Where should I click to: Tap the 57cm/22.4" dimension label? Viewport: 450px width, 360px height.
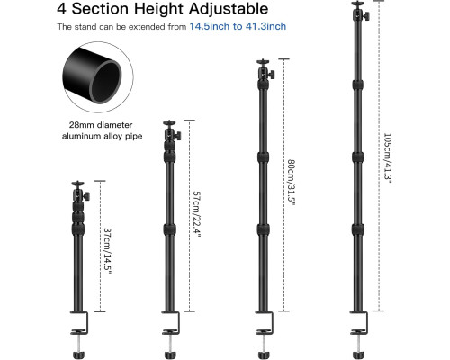[196, 214]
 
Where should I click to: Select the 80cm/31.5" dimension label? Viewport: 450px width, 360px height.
[292, 182]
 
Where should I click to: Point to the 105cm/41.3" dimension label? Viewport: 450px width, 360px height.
[388, 157]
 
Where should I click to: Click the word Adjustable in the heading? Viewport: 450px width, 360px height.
[229, 8]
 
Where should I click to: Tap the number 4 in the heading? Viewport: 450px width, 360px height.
[61, 8]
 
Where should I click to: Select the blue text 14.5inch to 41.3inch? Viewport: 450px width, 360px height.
[238, 26]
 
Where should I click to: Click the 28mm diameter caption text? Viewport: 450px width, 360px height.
[101, 125]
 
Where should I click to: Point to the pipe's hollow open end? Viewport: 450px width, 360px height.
[105, 82]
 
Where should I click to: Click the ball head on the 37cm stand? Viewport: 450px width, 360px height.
[80, 192]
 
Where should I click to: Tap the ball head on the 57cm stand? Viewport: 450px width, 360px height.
[172, 131]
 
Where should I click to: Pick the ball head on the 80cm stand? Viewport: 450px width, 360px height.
[265, 70]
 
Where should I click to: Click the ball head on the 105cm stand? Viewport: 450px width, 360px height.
[360, 12]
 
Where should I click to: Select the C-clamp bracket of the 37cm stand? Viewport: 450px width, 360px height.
[87, 323]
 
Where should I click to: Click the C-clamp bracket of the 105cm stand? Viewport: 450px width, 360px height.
[366, 323]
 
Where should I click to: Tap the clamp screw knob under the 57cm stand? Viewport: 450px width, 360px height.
[170, 355]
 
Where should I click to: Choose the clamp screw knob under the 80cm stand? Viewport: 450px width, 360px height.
[264, 355]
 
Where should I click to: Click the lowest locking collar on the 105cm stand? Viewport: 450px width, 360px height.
[358, 229]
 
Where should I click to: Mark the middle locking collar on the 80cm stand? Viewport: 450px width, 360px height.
[264, 157]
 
